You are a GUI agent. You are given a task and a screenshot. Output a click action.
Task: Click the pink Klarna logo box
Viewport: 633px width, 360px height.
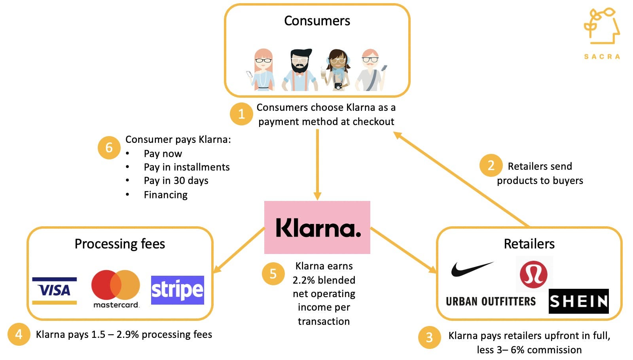(x=317, y=227)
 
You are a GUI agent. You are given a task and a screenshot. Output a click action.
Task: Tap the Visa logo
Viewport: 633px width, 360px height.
(x=55, y=290)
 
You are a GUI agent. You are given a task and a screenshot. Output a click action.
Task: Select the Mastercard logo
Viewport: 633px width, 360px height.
(x=116, y=288)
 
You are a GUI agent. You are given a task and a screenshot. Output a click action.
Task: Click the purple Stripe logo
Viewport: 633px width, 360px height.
(x=177, y=290)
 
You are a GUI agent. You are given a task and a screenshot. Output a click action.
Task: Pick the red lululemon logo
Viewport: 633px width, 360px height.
(x=534, y=274)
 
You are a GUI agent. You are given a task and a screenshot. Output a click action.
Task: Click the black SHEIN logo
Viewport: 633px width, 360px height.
(x=578, y=301)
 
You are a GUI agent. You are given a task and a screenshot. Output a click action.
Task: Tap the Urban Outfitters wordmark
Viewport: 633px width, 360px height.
(x=491, y=301)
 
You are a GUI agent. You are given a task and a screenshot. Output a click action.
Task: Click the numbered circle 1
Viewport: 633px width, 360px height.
(x=241, y=114)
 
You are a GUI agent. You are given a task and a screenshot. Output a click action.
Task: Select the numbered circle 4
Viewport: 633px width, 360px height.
(x=19, y=334)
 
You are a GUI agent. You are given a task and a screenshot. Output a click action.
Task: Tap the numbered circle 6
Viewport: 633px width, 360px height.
(x=109, y=148)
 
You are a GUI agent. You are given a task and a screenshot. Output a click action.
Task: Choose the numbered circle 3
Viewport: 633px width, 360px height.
(x=429, y=337)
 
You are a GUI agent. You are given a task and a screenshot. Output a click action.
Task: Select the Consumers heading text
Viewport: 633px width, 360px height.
(x=317, y=21)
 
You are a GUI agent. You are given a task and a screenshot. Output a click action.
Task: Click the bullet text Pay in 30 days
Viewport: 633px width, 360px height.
(x=176, y=181)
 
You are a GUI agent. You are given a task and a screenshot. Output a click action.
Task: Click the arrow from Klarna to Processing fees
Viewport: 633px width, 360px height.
(x=238, y=250)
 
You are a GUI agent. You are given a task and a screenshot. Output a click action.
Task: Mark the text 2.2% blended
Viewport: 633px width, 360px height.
(x=324, y=280)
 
